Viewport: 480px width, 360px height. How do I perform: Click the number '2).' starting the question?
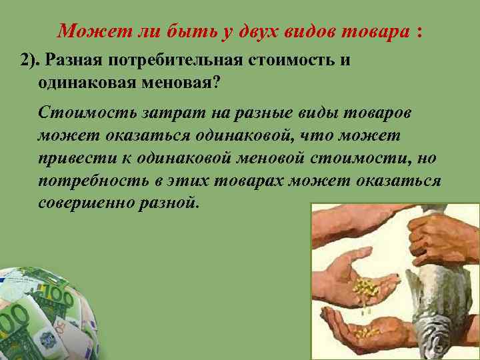coord(29,61)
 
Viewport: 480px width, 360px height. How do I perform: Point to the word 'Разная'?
coord(72,61)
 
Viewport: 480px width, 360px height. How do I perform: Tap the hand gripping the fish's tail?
coord(440,237)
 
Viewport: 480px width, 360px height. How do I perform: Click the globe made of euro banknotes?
coord(43,313)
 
